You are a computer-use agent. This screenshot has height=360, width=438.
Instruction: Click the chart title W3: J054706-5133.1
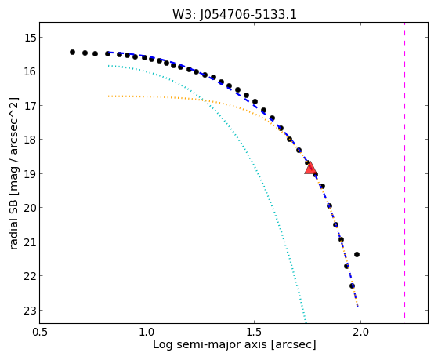pos(234,14)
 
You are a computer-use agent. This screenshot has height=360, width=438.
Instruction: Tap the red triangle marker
pos(310,169)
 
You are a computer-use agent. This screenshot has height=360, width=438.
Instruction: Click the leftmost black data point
pos(72,52)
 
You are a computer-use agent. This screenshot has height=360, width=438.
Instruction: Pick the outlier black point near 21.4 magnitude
pos(357,255)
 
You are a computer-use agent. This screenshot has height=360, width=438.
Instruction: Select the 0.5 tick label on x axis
pos(40,333)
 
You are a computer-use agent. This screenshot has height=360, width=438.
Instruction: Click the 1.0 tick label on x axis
pos(147,333)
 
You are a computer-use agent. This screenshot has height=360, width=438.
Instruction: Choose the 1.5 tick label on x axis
pos(254,333)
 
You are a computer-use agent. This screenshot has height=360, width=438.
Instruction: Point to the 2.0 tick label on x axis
pos(361,333)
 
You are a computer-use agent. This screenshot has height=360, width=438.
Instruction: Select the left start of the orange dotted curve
pos(108,96)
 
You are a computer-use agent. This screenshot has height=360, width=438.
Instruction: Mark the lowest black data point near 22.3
pos(353,285)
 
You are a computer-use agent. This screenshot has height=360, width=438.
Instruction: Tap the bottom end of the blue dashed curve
pos(357,307)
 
